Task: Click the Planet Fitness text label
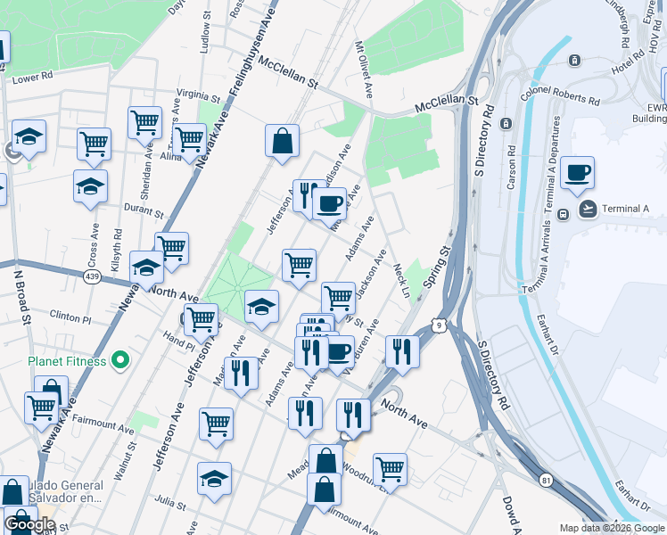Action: coord(67,361)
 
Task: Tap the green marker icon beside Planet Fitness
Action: coord(122,361)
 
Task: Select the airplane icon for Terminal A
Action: coord(589,210)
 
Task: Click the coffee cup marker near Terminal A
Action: coord(577,173)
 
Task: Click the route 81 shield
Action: coord(544,481)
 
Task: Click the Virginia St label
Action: coord(198,95)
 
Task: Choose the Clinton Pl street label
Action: coord(70,317)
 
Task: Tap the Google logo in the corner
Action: coord(30,524)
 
